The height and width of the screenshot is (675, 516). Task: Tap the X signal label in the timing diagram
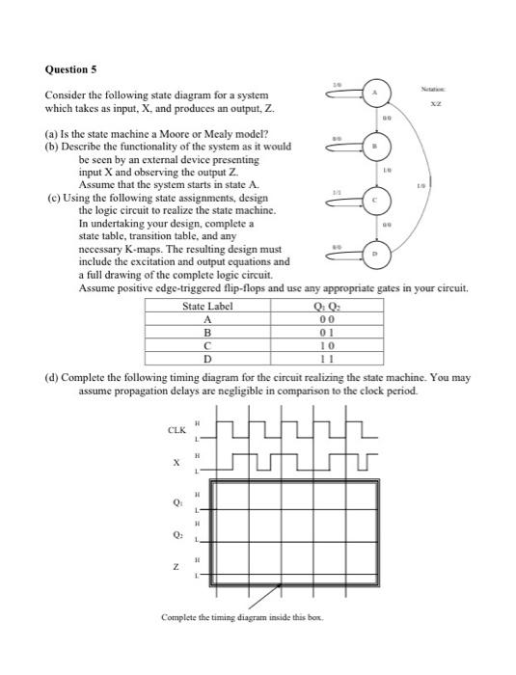tap(177, 463)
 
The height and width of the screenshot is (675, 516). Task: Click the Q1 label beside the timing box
tap(177, 501)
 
